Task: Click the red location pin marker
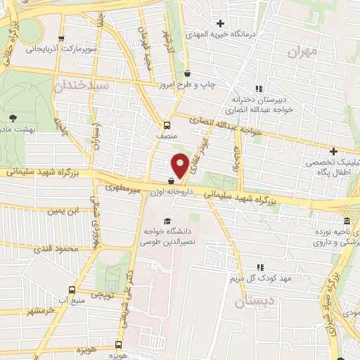(x=180, y=165)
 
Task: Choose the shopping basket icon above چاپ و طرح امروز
(x=187, y=73)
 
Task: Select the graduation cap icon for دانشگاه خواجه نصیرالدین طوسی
(x=167, y=221)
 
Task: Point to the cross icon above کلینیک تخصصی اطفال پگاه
(x=333, y=151)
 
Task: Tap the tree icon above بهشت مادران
(x=13, y=117)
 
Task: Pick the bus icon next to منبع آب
(x=72, y=289)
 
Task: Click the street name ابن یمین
(x=60, y=210)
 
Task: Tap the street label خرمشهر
(x=40, y=310)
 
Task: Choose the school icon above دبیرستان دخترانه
(x=259, y=89)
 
